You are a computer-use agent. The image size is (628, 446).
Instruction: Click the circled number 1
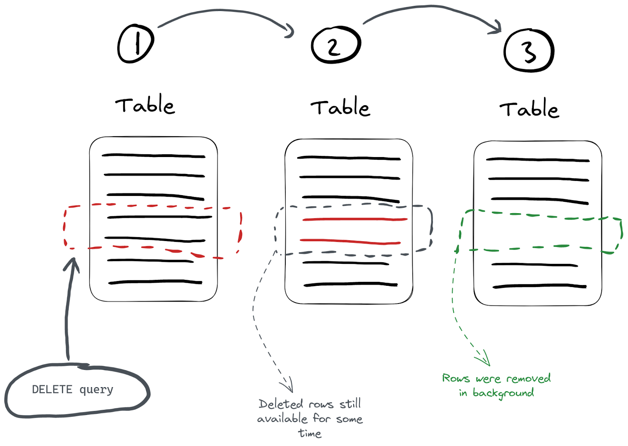point(136,44)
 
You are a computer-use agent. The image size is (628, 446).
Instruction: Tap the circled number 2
point(336,45)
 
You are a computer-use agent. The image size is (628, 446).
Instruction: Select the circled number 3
point(529,50)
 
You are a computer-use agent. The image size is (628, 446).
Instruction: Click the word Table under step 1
point(145,105)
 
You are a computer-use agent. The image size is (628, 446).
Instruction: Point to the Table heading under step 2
point(340,107)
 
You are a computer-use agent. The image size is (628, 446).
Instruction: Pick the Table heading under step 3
point(529,109)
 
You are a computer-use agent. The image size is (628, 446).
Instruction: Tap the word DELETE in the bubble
point(52,389)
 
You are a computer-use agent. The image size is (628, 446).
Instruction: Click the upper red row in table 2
point(355,219)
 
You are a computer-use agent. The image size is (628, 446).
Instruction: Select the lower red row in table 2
point(350,241)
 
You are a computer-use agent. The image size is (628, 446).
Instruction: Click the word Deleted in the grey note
point(281,404)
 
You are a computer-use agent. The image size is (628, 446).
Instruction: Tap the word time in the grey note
point(310,433)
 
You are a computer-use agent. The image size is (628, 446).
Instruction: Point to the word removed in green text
point(528,378)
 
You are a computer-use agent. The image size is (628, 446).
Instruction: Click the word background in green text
point(503,393)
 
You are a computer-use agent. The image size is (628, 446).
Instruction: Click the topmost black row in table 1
point(153,156)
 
